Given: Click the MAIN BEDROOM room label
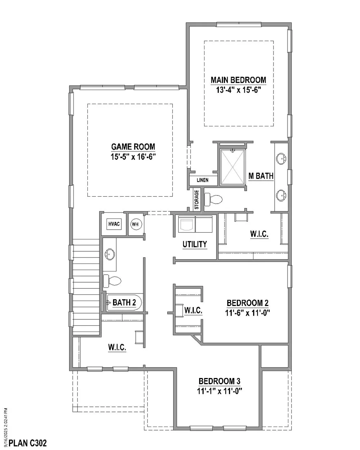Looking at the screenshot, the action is tap(238, 80).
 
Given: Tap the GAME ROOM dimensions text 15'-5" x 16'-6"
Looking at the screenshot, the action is tap(133, 157).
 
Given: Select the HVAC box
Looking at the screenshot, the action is tap(114, 224).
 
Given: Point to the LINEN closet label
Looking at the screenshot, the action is tap(202, 180).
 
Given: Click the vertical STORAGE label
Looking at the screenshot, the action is tap(197, 199).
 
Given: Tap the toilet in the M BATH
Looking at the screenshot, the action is tap(213, 199).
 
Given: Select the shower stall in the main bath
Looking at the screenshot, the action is tap(233, 167).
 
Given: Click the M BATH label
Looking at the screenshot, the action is tap(261, 176).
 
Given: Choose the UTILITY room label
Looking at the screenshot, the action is tap(195, 244).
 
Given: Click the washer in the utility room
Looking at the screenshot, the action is tap(187, 224).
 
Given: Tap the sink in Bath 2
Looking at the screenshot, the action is tap(109, 254).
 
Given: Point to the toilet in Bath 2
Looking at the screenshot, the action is tap(112, 281).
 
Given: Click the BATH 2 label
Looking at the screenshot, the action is tap(124, 302).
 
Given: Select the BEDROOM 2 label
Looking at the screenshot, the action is tap(247, 303).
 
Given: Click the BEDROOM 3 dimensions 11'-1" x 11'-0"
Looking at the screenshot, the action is tap(220, 391).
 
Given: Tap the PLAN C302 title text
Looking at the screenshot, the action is tap(28, 443).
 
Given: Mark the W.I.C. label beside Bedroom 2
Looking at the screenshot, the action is tap(193, 310).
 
